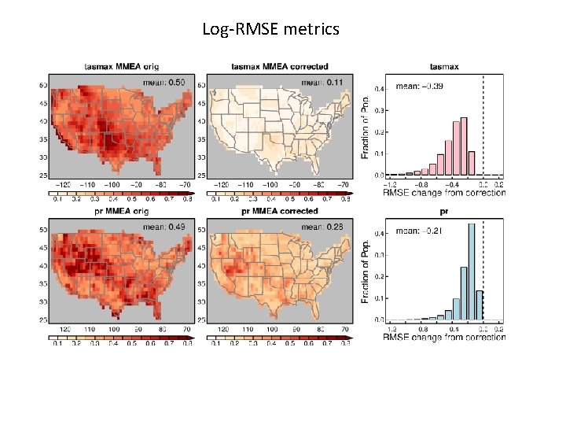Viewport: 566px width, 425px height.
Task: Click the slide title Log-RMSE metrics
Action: click(270, 29)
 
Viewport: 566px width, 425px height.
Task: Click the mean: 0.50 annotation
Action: click(164, 83)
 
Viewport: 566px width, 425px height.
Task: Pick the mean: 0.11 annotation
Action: click(324, 83)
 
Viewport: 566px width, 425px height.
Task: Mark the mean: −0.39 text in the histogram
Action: click(418, 86)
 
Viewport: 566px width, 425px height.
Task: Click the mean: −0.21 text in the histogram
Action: click(418, 231)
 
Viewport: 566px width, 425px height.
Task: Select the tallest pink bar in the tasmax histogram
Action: click(464, 146)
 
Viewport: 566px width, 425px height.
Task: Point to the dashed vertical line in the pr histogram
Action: click(483, 268)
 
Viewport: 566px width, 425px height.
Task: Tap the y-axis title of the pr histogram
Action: click(366, 271)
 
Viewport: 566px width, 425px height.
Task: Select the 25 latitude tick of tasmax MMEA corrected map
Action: click(200, 175)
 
